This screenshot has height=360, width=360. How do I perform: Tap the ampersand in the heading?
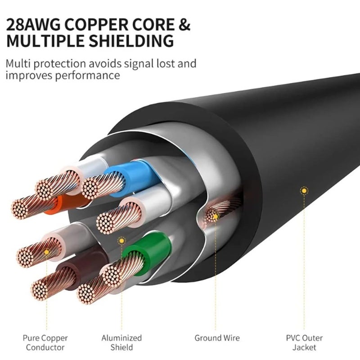point(185,24)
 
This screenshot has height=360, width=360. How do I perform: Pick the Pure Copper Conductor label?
point(45,342)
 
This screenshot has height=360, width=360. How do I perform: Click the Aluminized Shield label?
point(121,342)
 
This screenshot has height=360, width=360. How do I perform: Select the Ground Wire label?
point(217,337)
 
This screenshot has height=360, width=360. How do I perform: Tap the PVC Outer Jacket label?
point(304,342)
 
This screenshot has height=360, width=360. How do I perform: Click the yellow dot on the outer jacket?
point(304,191)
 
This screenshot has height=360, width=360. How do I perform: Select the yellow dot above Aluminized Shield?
point(121,241)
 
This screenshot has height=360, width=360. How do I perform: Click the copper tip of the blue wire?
point(96,187)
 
